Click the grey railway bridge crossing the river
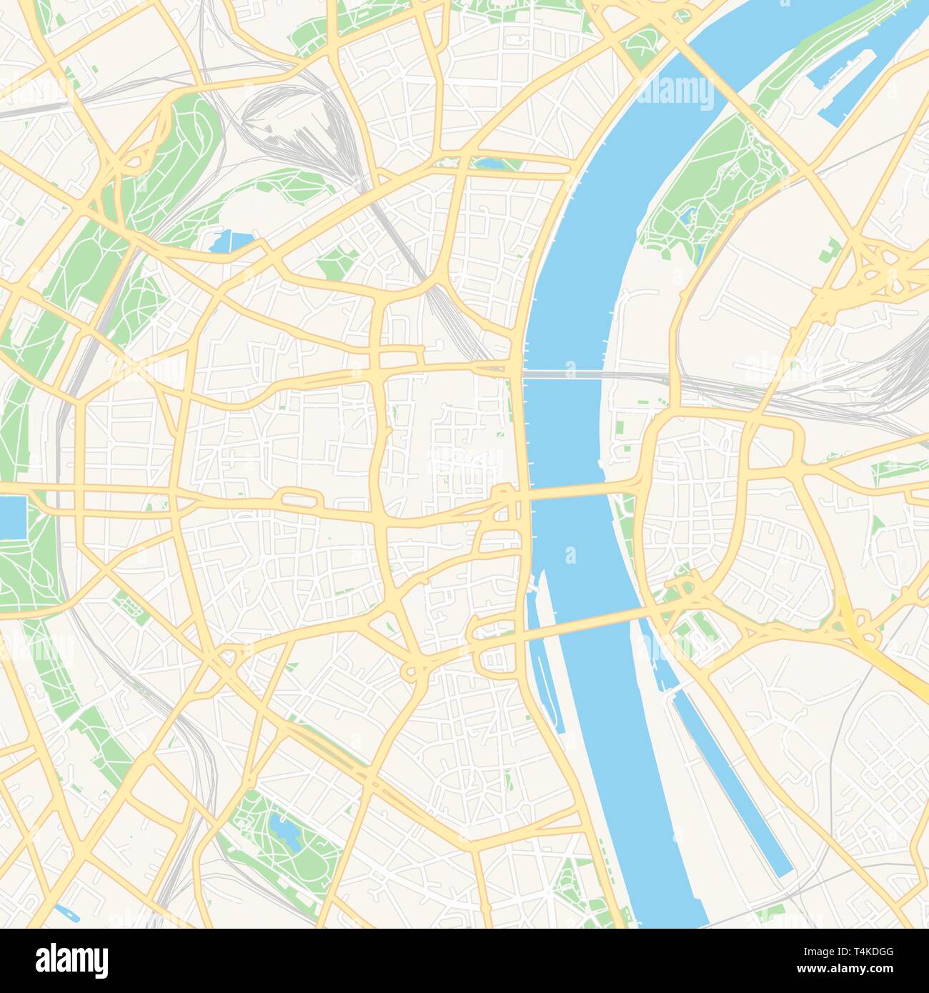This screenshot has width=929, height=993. pos(565,373)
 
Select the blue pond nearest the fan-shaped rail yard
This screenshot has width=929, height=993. pos(230,241)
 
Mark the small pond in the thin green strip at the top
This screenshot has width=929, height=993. pos(490,164)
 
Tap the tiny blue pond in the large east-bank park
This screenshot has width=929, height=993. pos(687,215)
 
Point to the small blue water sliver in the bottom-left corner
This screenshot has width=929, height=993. pos(64,912)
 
